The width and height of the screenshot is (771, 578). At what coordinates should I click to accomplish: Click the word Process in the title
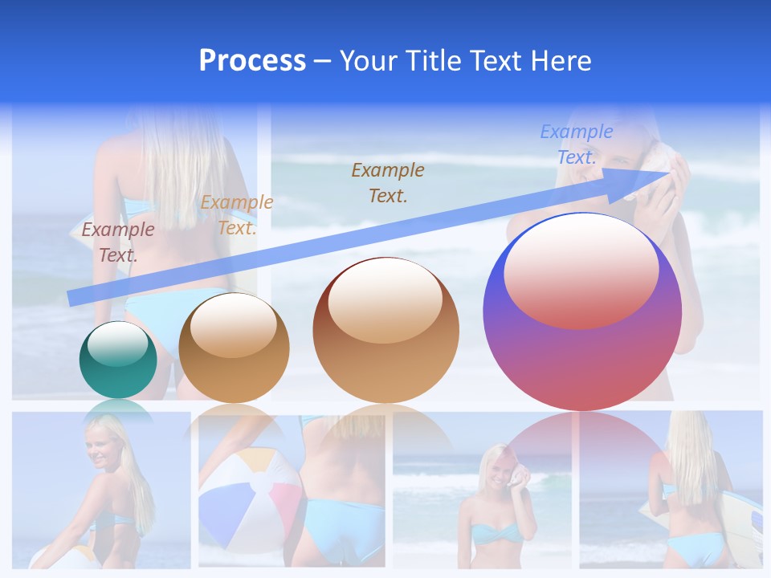[252, 61]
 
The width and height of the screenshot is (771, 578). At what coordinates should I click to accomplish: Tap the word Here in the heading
[560, 61]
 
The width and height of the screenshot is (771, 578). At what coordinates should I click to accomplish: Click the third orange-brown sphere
[386, 330]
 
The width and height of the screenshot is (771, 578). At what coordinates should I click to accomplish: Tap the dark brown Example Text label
[388, 182]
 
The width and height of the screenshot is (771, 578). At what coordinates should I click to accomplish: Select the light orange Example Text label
[236, 214]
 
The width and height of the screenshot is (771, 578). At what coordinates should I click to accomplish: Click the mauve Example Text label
[117, 242]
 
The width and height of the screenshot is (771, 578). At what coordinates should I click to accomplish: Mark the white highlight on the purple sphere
[581, 268]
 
